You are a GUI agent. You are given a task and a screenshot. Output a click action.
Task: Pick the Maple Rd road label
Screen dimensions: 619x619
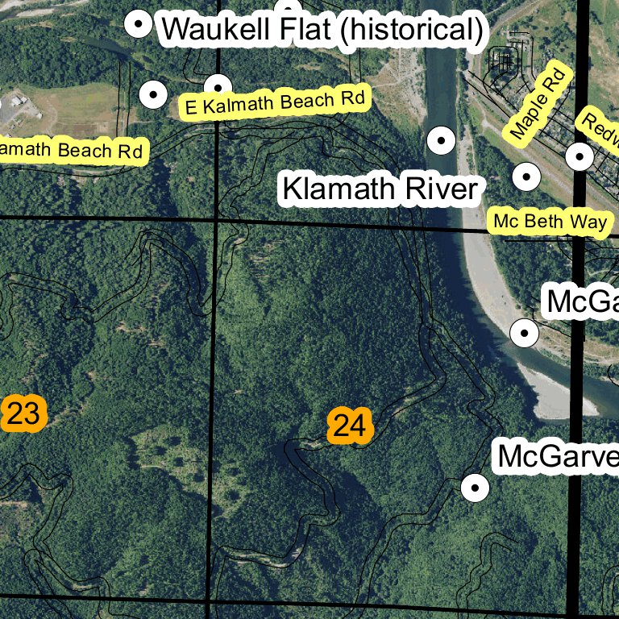(x=538, y=102)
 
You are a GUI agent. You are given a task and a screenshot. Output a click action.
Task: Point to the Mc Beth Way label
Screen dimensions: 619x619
(x=550, y=222)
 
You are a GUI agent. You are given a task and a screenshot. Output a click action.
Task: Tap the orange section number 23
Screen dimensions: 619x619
(x=23, y=414)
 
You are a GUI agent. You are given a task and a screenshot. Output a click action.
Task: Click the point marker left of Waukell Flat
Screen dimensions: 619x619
(x=139, y=26)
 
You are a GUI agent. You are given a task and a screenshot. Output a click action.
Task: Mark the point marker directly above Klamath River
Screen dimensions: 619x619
(x=441, y=142)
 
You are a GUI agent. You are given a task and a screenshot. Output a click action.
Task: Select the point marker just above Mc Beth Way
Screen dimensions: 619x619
(x=526, y=176)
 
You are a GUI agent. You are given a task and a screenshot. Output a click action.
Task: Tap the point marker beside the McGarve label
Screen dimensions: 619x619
(x=475, y=487)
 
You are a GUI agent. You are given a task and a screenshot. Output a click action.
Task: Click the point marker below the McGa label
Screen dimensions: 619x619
(x=525, y=331)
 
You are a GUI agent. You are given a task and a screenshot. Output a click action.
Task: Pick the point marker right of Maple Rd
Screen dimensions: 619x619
(x=579, y=156)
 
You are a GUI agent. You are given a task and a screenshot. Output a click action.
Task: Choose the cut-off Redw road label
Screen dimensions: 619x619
(x=600, y=129)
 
